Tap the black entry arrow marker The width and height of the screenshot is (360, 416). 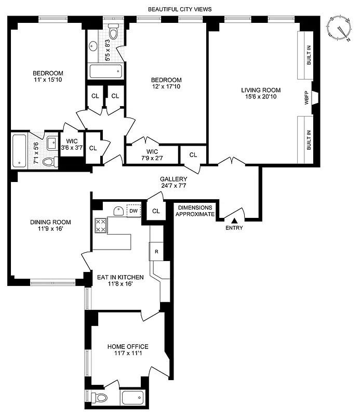(234, 221)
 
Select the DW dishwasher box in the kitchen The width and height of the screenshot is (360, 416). (134, 211)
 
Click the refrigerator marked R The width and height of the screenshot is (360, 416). (156, 252)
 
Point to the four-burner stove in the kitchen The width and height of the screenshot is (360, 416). (100, 225)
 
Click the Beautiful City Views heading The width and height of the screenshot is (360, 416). (180, 9)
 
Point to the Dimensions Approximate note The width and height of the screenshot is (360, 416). (195, 210)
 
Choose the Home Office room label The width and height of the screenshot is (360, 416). (128, 350)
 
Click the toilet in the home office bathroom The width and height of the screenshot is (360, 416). (100, 398)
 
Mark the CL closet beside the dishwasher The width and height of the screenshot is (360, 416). (156, 211)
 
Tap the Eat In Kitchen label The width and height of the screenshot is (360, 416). (121, 281)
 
